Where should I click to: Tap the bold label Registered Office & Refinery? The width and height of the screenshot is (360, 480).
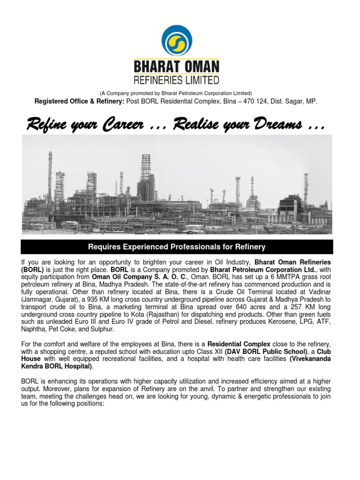pyautogui.click(x=80, y=101)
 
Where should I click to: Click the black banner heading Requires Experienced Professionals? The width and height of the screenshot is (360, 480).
pyautogui.click(x=177, y=247)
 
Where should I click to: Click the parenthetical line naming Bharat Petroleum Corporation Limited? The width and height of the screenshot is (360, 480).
pyautogui.click(x=177, y=93)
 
